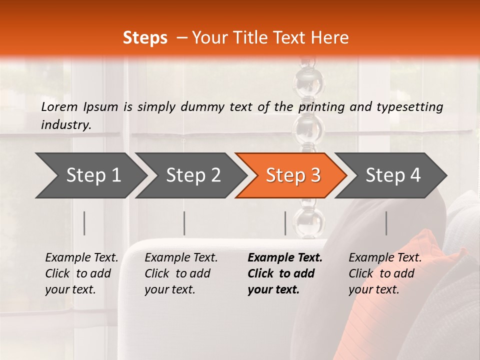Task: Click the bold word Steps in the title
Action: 145,38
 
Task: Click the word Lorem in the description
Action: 59,106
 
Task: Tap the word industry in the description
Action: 65,124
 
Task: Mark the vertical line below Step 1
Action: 84,223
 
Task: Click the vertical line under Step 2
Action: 184,223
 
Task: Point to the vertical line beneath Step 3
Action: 285,223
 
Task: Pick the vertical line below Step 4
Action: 386,223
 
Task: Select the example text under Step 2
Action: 180,273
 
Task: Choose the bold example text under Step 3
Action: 284,273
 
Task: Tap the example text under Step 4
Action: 384,273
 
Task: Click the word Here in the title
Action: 329,38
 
